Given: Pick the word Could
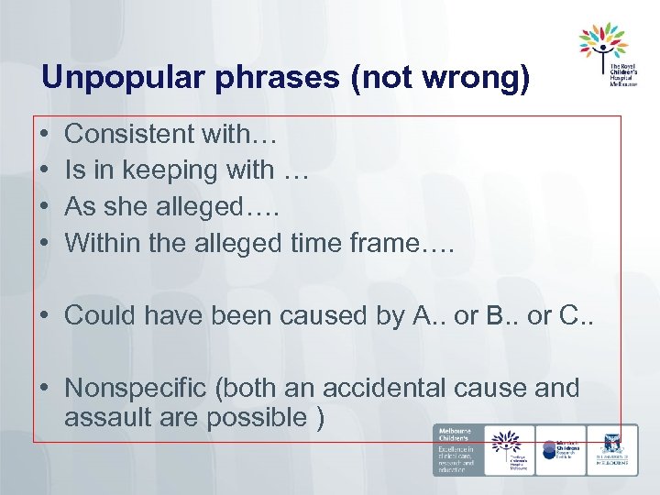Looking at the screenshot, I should (97, 315).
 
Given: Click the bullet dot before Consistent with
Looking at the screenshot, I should (46, 135).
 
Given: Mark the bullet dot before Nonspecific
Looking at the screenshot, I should (46, 388).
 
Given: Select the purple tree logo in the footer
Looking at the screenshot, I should (506, 442).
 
